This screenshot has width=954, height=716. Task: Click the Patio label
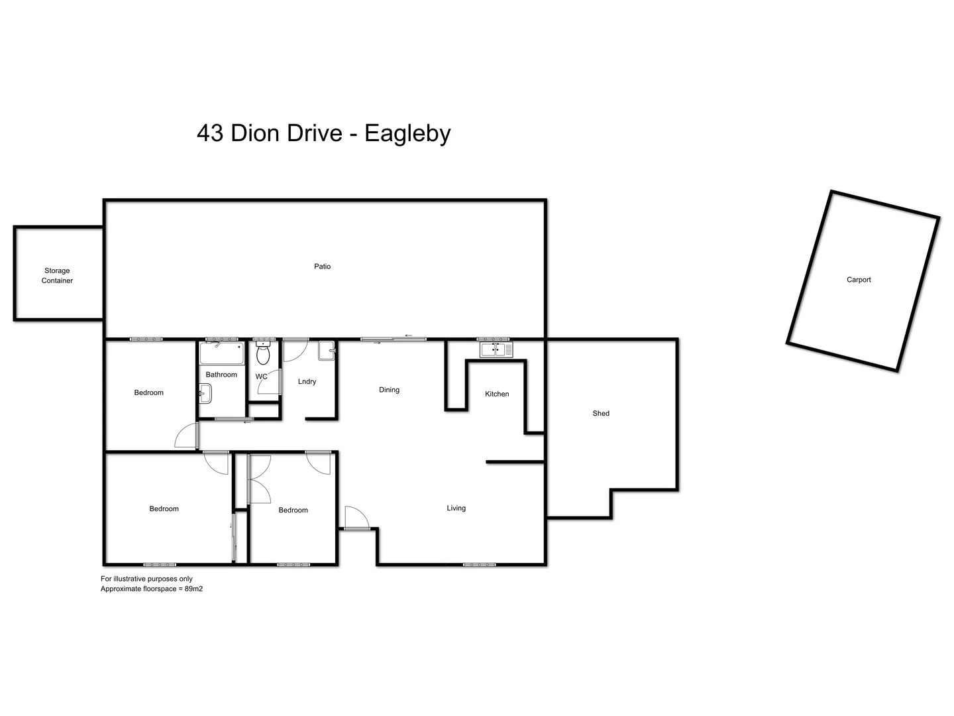click(322, 267)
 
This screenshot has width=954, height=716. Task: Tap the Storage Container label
click(57, 275)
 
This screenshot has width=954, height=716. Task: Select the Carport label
click(859, 280)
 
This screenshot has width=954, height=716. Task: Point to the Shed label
click(601, 414)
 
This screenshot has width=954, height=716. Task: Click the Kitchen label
click(497, 394)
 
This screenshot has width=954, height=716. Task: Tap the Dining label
click(389, 390)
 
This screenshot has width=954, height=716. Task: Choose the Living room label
click(456, 508)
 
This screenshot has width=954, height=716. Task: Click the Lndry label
click(307, 382)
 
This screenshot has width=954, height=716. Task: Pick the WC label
click(261, 377)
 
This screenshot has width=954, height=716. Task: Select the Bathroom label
click(221, 375)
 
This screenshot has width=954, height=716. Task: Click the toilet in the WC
click(263, 354)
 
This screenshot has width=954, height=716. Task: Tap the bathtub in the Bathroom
click(221, 354)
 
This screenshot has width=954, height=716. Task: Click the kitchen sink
click(496, 349)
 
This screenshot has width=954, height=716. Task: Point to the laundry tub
click(327, 350)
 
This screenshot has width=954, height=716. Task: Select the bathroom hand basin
click(204, 396)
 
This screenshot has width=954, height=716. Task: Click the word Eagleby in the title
click(407, 133)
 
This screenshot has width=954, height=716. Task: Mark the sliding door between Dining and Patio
click(394, 339)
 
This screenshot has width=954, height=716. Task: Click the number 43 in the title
click(210, 133)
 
